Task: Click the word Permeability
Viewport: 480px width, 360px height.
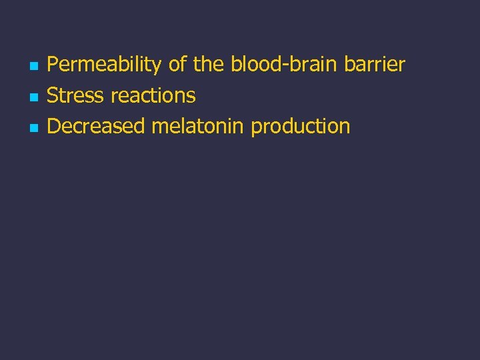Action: (104, 65)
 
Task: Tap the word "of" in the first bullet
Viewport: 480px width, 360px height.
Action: (177, 65)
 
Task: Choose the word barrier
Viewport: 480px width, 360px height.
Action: (375, 65)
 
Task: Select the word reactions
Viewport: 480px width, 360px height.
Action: (153, 95)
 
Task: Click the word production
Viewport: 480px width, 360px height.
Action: (300, 127)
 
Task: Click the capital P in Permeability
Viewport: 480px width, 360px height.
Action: (53, 65)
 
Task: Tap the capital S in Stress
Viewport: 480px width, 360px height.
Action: (53, 95)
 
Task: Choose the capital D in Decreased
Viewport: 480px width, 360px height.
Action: (53, 126)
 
